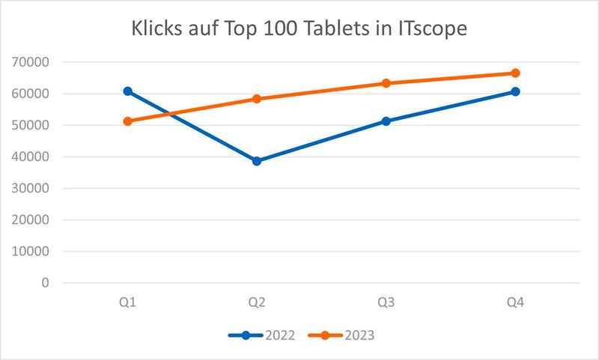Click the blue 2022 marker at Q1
128,91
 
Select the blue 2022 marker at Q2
257,161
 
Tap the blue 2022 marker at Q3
386,120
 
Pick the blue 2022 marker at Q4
515,91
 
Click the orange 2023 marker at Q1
128,120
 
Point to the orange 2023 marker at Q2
257,99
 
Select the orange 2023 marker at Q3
386,83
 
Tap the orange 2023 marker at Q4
515,73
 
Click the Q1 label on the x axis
128,302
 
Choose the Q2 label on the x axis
257,302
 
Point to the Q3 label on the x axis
386,302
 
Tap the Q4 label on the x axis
515,302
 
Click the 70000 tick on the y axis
33,63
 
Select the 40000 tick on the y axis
33,157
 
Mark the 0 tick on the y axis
46,283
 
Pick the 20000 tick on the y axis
33,220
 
